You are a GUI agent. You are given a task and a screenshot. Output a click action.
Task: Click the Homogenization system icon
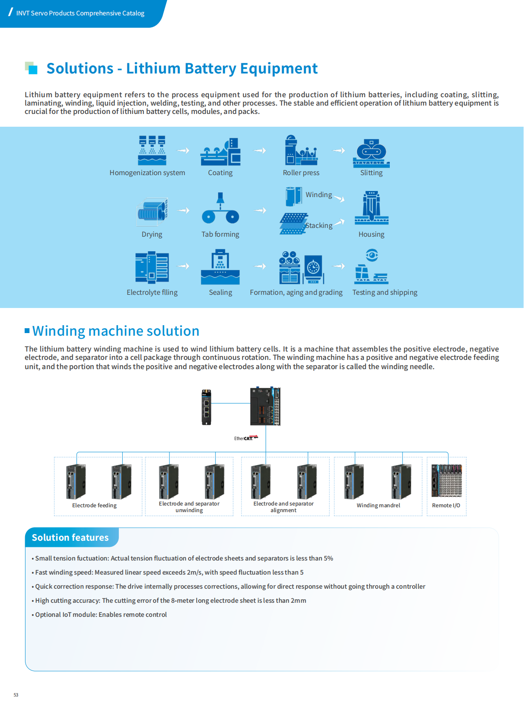tap(152, 150)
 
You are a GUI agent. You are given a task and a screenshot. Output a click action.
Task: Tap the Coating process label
tap(220, 173)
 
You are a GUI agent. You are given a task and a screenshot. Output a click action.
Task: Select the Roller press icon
tap(301, 150)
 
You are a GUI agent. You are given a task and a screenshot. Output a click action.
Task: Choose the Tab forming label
tap(220, 235)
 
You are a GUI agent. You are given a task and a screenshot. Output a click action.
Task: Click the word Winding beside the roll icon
tap(319, 194)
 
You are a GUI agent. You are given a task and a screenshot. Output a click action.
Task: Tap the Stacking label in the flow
tap(319, 226)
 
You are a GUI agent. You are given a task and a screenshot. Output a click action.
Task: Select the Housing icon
tap(371, 208)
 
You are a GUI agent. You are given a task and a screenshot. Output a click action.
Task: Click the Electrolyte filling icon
tap(152, 267)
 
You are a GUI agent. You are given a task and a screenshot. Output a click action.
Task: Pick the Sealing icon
tap(220, 267)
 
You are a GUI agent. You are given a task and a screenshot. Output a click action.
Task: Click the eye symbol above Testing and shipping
tap(372, 255)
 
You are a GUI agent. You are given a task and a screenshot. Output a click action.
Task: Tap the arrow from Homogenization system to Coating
tap(183, 150)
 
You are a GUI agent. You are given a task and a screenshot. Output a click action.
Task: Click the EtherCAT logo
tap(246, 438)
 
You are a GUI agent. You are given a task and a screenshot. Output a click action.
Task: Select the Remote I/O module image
tap(447, 480)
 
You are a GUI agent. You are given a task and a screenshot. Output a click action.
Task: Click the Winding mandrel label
tap(378, 506)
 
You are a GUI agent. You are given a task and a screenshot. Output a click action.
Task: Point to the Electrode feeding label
tap(94, 506)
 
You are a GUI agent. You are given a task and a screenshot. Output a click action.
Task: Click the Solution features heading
tap(70, 538)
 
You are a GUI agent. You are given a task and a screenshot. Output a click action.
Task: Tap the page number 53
tap(16, 695)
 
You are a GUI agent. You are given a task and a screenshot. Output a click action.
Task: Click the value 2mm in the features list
tap(298, 601)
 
